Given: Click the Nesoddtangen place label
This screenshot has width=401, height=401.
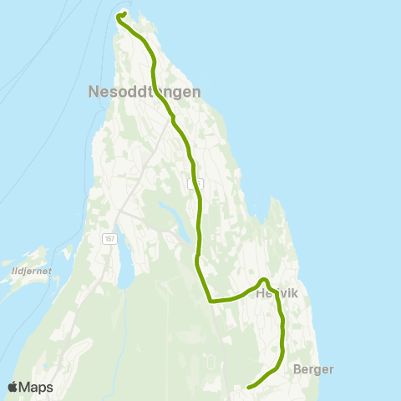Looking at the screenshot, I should pos(144,93).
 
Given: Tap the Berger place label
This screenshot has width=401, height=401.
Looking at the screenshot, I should pos(314,369).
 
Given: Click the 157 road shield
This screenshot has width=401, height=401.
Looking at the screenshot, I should pos(109,239).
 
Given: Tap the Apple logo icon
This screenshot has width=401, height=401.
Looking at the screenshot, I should pos(13,387).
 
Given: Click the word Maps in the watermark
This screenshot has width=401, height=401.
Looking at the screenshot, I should pos(37,387).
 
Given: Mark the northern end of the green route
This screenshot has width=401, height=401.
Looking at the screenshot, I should pos(122,14).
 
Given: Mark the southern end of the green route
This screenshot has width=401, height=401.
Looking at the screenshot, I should pos(250,386).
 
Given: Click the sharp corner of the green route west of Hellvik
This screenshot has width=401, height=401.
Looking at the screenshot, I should pos(210,300).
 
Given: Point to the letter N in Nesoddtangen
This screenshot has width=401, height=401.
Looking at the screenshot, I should pos(93,93).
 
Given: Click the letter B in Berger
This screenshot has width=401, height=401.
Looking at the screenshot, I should pos(298,369).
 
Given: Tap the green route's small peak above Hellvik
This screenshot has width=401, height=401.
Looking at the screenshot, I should pos(262,279).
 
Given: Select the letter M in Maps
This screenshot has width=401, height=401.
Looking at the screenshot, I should pos(26,387).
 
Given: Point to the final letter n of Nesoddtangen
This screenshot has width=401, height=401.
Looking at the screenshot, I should pos(195,93).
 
